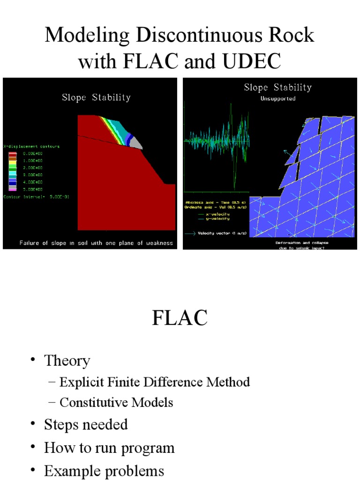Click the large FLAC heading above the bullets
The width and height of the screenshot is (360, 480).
[x=180, y=318]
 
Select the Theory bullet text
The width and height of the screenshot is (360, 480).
[x=67, y=361]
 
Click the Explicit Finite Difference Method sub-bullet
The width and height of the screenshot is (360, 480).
[x=155, y=382]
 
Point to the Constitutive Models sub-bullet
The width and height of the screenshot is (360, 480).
[x=116, y=403]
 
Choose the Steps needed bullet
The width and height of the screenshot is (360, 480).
[x=86, y=425]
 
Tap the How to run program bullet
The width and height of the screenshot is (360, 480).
[x=109, y=448]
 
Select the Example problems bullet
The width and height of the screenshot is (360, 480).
[x=104, y=471]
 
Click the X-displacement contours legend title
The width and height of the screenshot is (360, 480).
[x=32, y=146]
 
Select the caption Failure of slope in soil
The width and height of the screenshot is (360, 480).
[x=96, y=243]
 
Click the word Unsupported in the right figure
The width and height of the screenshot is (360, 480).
[x=278, y=99]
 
